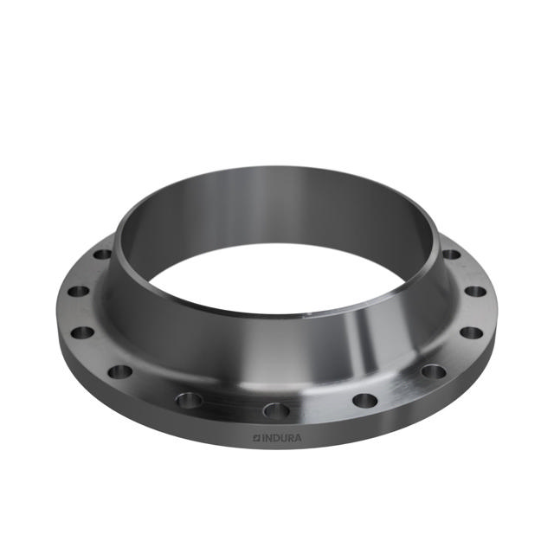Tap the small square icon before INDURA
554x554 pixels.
pyautogui.click(x=256, y=438)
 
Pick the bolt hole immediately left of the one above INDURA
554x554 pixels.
pyautogui.click(x=189, y=400)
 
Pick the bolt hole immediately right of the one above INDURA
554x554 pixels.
pyautogui.click(x=364, y=401)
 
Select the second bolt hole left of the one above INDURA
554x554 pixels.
pyautogui.click(x=120, y=372)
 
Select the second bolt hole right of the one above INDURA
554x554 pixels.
pyautogui.click(x=433, y=372)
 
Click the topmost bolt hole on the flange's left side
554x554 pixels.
pyautogui.click(x=102, y=254)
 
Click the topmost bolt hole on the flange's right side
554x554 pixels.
pyautogui.click(x=452, y=254)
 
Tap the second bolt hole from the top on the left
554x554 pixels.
pyautogui.click(x=78, y=291)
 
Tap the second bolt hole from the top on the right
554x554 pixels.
pyautogui.click(x=476, y=291)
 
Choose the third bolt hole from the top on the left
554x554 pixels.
pyautogui.click(x=82, y=332)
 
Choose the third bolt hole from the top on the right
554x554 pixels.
pyautogui.click(x=472, y=332)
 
